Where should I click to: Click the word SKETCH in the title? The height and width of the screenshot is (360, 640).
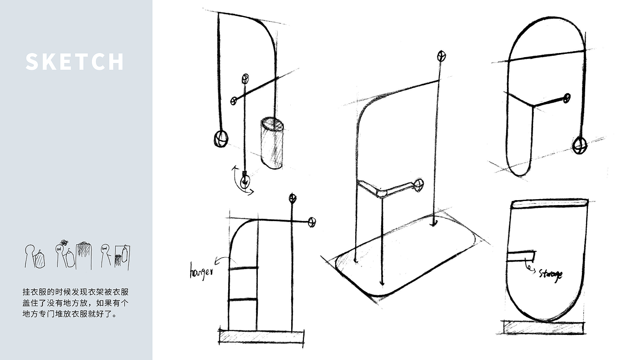click(75, 62)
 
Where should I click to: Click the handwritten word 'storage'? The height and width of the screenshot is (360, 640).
click(550, 274)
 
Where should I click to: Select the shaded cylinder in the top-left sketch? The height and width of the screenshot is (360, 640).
click(272, 143)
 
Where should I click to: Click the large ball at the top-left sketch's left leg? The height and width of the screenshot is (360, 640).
click(220, 138)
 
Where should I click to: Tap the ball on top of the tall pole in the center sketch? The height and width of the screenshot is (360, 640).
click(441, 56)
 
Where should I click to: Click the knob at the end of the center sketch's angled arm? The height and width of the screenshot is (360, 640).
click(418, 185)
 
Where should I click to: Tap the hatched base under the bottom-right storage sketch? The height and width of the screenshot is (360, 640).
click(544, 327)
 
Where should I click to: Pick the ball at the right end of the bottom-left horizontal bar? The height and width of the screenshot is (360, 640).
click(312, 222)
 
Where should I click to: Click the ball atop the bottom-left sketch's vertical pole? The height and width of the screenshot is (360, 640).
click(292, 198)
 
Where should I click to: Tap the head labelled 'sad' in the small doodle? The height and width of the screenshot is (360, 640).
click(59, 249)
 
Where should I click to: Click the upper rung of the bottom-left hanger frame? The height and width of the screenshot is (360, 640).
click(243, 268)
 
